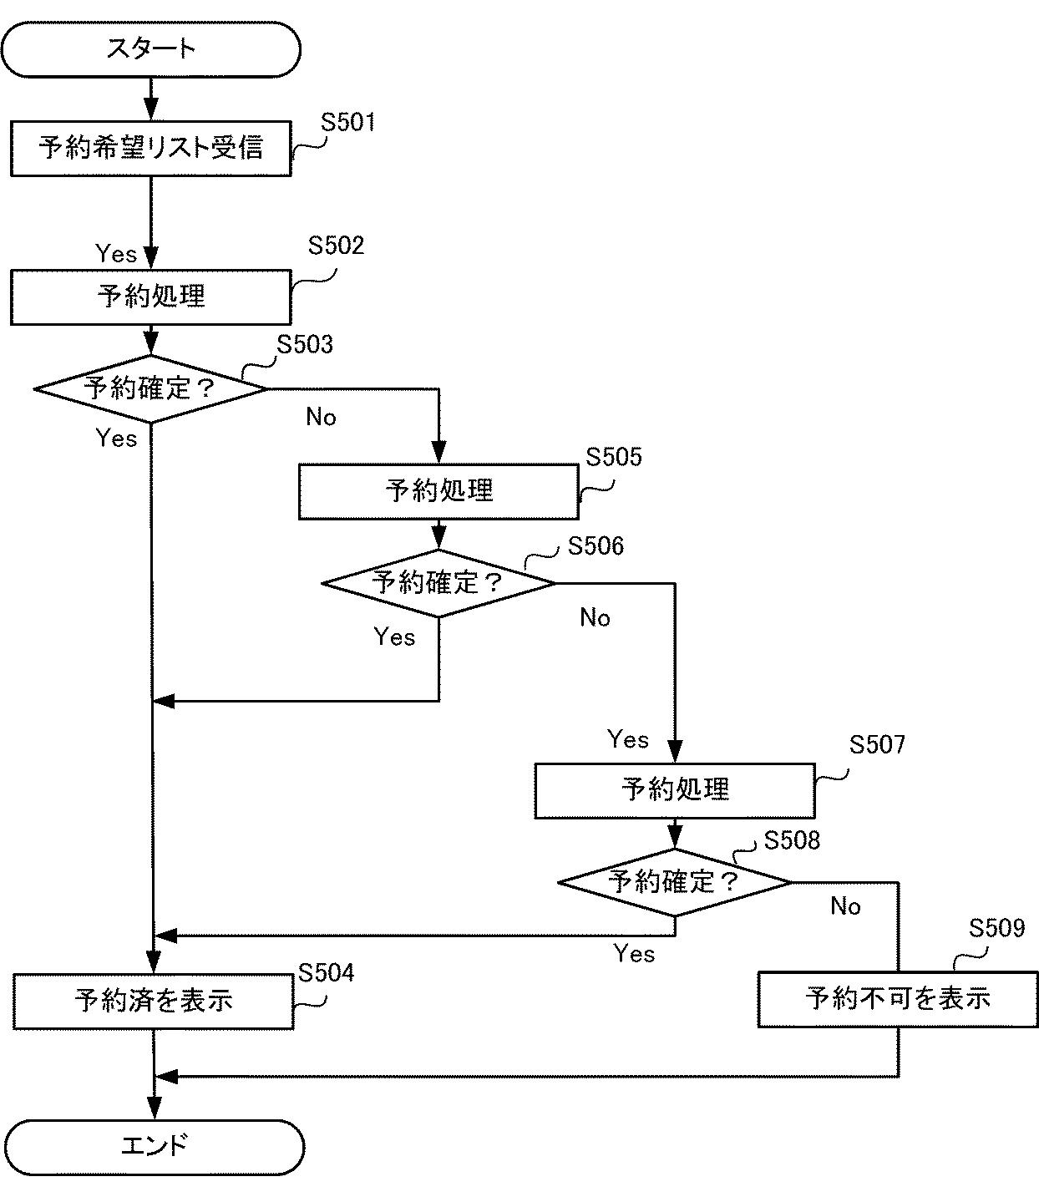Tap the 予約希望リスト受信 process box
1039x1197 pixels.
(150, 149)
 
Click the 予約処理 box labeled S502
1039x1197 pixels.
(150, 297)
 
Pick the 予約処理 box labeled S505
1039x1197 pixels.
(438, 491)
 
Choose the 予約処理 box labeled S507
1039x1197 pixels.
(674, 789)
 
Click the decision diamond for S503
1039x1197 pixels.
(150, 388)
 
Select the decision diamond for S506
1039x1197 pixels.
(438, 583)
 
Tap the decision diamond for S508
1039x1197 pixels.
(674, 882)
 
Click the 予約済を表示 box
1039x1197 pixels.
(153, 1001)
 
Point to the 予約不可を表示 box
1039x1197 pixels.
(898, 998)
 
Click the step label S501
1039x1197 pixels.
(348, 123)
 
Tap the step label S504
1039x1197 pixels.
(326, 973)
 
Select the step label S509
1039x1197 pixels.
(996, 929)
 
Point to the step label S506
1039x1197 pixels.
(596, 546)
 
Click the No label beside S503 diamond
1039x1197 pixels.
(321, 417)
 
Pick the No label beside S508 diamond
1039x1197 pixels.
(845, 906)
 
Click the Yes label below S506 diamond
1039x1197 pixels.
(394, 637)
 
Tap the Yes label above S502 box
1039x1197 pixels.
(116, 253)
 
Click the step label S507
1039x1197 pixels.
(877, 745)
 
